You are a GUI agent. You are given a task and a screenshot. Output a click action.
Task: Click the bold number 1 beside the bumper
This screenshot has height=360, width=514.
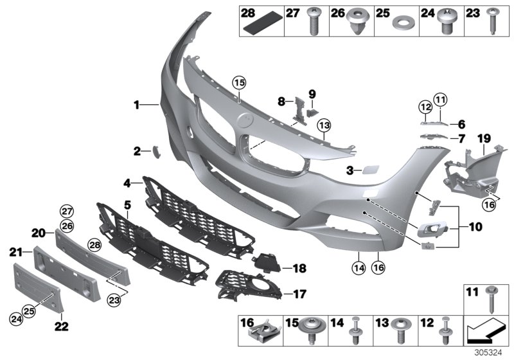136,104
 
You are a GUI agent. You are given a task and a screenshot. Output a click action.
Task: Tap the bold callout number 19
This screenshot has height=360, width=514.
483,138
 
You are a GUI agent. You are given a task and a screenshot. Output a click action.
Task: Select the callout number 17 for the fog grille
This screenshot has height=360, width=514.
299,294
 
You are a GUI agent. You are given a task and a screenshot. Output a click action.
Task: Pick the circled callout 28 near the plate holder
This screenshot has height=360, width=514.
94,246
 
